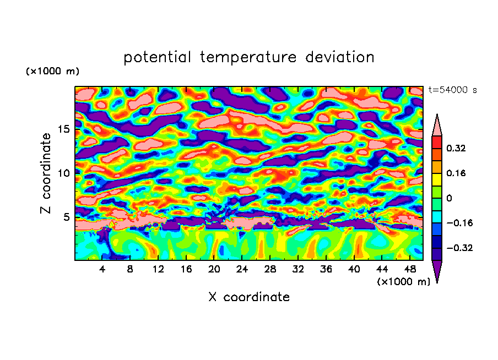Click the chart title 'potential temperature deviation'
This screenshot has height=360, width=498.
(x=248, y=57)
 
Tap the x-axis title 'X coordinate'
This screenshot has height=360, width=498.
(x=248, y=297)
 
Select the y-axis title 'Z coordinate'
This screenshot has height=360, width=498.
(x=46, y=173)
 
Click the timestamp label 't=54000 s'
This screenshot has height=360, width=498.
(x=452, y=90)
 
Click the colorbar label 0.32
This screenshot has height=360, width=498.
(x=456, y=148)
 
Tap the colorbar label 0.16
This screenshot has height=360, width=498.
(x=456, y=173)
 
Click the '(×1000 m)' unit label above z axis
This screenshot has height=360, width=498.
(x=52, y=72)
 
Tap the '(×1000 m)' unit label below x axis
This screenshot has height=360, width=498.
(x=403, y=281)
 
